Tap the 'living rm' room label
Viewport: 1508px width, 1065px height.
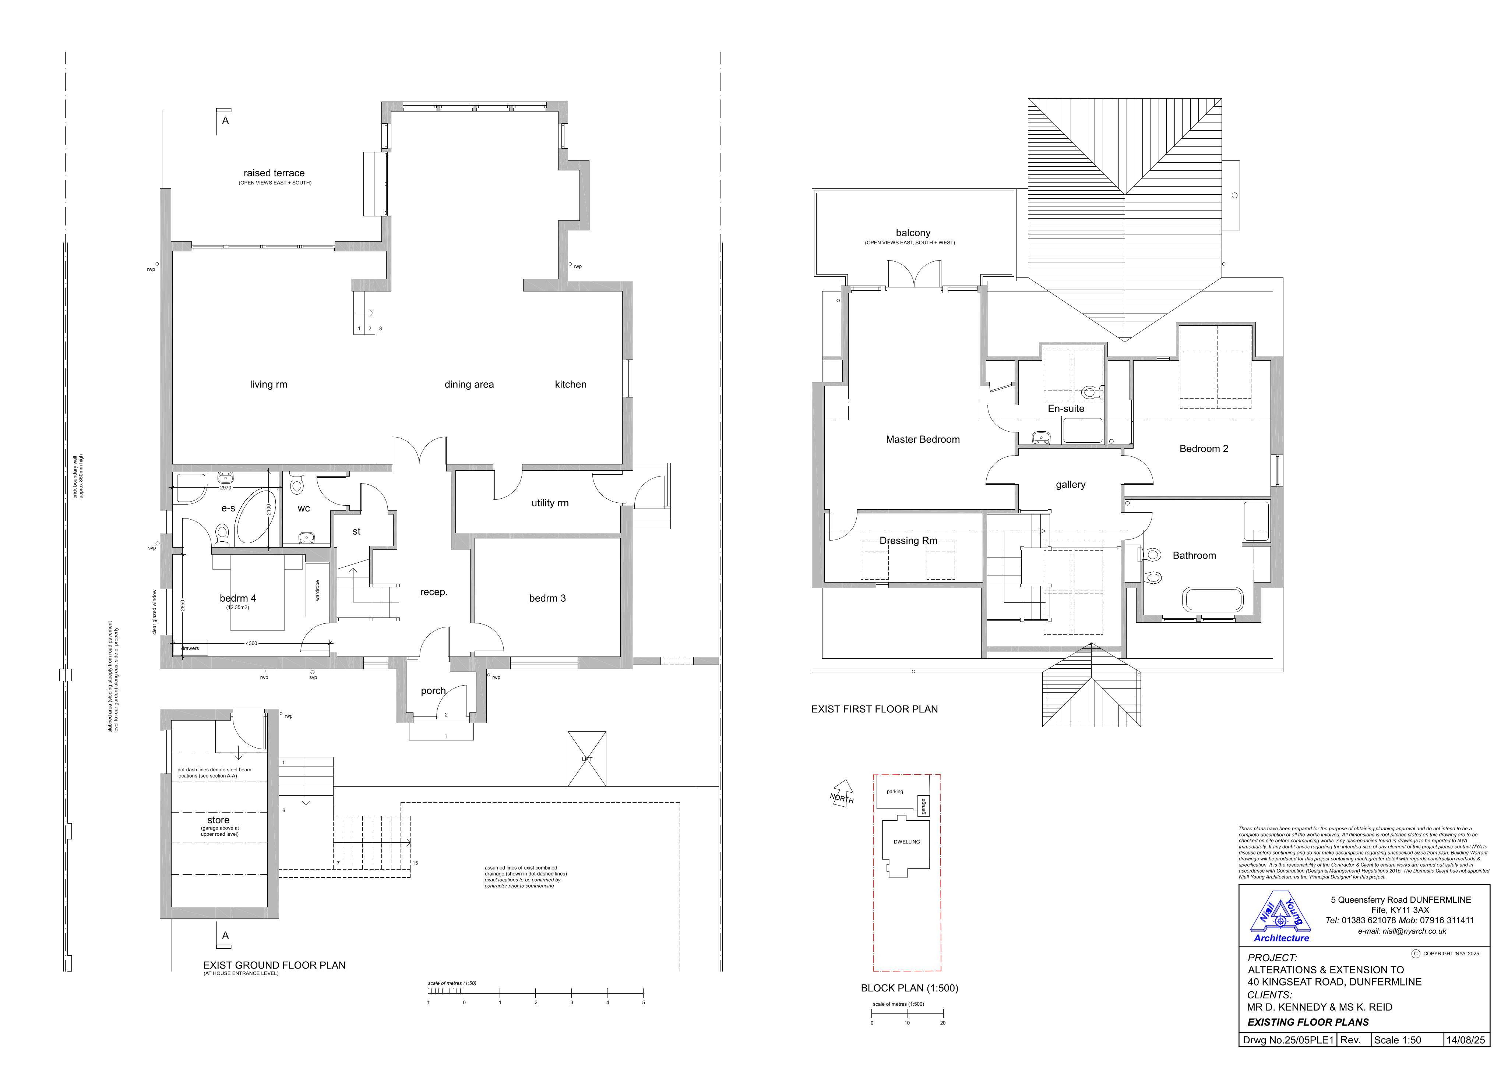(x=269, y=385)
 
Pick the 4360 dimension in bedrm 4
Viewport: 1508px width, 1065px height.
(x=251, y=644)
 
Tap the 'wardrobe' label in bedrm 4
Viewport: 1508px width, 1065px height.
(x=317, y=590)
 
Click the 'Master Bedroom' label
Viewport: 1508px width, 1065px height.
(x=923, y=440)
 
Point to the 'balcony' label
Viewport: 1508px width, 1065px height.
(x=913, y=233)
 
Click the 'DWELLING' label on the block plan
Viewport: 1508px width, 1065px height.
(x=907, y=842)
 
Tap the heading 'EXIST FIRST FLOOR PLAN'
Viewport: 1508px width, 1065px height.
(x=874, y=709)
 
